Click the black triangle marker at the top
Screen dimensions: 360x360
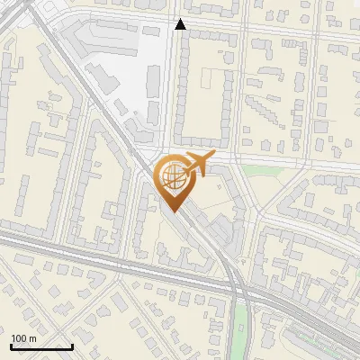181,24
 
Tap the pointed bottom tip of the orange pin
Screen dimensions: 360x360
172,211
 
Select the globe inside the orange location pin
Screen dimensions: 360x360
172,176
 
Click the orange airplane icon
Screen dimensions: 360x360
198,166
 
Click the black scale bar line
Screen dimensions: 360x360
41,346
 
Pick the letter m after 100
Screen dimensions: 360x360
32,338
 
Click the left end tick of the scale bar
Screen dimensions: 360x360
11,345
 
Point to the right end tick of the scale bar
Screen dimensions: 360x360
72,345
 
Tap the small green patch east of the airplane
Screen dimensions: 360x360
261,170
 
